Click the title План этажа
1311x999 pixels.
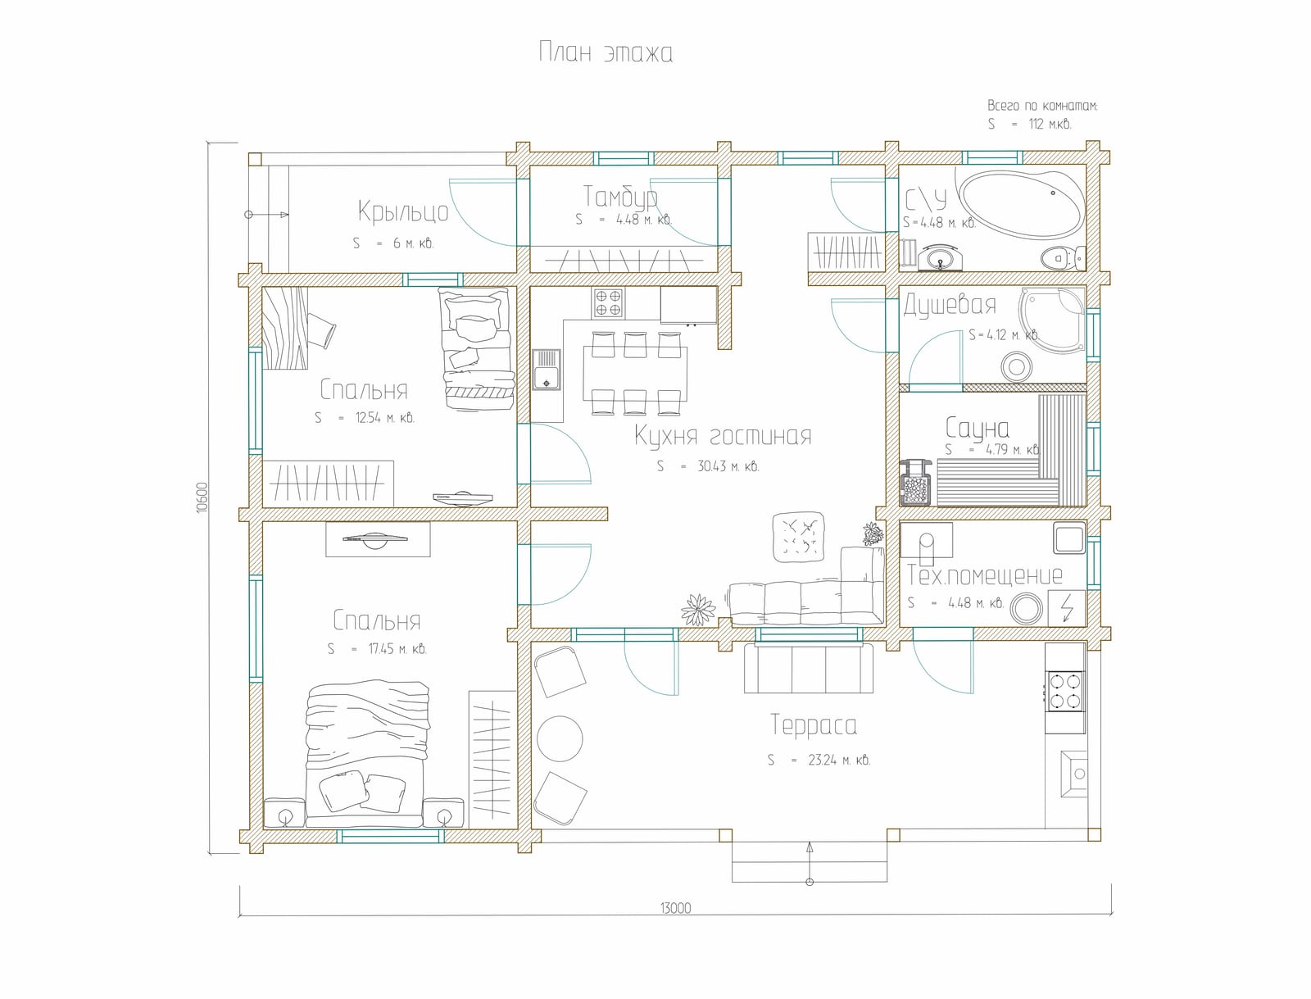[x=606, y=52]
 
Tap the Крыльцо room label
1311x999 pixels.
[x=403, y=211]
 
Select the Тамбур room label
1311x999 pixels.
[x=620, y=196]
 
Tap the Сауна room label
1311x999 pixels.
[x=978, y=428]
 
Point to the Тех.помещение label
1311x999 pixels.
[x=985, y=575]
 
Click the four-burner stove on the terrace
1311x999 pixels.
[x=1065, y=691]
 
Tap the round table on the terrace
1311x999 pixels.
[x=560, y=738]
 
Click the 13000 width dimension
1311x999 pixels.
[x=675, y=908]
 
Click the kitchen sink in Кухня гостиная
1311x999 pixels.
[x=546, y=370]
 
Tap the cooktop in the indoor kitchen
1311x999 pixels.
[x=608, y=303]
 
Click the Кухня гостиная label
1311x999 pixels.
[x=723, y=436]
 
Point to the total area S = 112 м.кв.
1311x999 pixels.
[x=1029, y=125]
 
